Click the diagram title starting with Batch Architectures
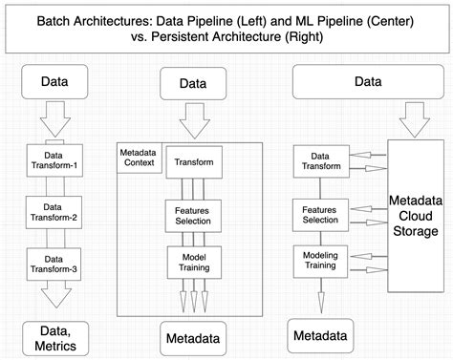(226, 28)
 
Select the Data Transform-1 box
(53, 159)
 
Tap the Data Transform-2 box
(53, 209)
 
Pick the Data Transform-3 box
(53, 261)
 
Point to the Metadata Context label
(140, 159)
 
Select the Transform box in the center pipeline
(194, 162)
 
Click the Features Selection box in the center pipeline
(194, 213)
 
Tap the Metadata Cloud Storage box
(414, 215)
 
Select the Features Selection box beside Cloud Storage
(319, 213)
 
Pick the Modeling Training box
(319, 260)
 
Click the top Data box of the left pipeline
(54, 82)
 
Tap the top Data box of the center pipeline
(194, 85)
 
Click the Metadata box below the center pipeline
(194, 337)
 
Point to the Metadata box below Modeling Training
(321, 335)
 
